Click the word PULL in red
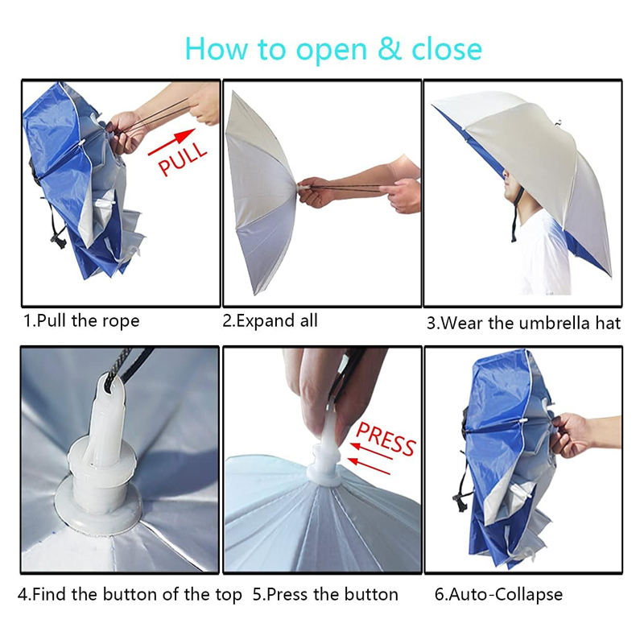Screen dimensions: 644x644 [183, 159]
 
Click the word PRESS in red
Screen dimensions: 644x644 [386, 439]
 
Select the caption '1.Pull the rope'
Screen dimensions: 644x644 [81, 321]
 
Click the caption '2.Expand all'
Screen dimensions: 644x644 [270, 320]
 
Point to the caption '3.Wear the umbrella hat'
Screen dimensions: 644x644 [524, 324]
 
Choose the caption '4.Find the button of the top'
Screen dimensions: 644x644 [130, 594]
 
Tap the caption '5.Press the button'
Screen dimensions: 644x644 [325, 594]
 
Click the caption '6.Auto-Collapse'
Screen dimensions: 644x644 [498, 594]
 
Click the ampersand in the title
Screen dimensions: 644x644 [390, 48]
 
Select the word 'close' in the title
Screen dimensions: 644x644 [447, 48]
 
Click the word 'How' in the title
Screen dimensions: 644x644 [217, 48]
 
